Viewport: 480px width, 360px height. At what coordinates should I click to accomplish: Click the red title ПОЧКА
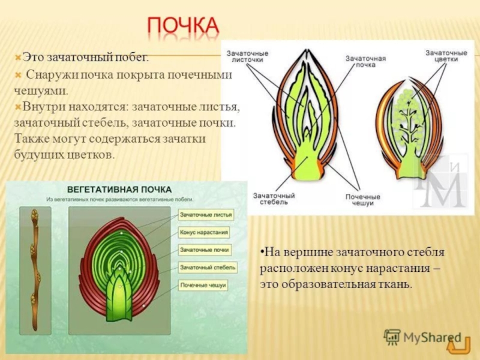click(183, 26)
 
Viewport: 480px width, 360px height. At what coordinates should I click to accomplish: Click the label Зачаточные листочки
click(247, 56)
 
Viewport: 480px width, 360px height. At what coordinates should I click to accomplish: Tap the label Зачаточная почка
click(365, 62)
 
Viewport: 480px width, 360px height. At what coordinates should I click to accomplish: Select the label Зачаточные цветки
click(446, 56)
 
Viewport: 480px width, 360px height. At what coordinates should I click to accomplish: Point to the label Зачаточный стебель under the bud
click(274, 199)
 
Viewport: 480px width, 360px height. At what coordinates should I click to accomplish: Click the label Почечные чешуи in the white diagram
click(363, 200)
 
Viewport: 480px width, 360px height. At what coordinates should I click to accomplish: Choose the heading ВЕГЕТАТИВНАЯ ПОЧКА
click(119, 190)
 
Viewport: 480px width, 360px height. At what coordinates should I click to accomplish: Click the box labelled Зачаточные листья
click(206, 215)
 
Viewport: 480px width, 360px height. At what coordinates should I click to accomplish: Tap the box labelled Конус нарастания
click(204, 232)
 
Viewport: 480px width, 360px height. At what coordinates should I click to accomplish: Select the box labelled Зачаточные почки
click(205, 250)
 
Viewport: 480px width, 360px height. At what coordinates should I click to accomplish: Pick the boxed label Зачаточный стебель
click(208, 268)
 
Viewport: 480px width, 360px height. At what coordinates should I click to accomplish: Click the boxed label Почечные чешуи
click(203, 286)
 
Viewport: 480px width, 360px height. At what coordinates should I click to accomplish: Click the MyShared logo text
click(432, 338)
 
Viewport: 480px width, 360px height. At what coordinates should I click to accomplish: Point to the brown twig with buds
click(35, 270)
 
